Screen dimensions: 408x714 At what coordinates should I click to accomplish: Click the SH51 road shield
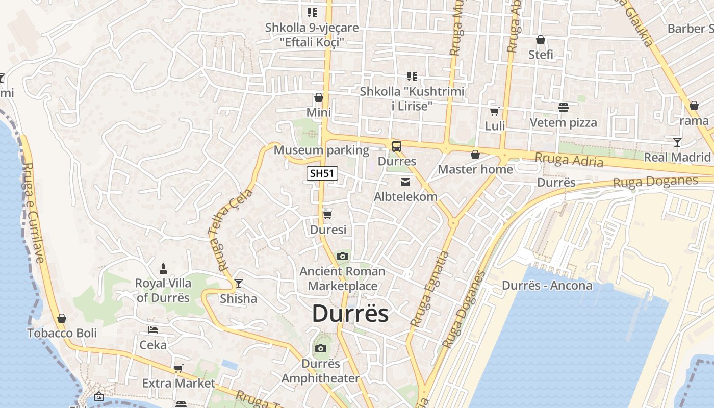coord(322,173)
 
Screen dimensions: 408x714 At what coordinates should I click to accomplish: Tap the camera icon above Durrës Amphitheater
coord(320,349)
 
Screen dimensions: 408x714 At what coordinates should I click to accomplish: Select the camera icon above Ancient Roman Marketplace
coord(342,256)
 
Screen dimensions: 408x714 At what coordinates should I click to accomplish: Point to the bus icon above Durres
coord(397,146)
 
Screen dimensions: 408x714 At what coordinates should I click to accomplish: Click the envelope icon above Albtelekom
coord(405,182)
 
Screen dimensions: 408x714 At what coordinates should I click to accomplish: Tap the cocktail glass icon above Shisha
coord(238,284)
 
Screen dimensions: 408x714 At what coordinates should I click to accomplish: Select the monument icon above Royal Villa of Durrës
coord(163,268)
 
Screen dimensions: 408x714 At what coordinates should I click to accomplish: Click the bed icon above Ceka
coord(152,330)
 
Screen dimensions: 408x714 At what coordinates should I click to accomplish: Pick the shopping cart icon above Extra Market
coord(178,368)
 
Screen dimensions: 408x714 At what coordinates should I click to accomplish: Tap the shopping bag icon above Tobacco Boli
coord(62,318)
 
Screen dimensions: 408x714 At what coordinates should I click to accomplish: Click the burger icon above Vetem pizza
coord(563,108)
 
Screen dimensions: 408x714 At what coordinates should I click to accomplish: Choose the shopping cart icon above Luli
coord(494,111)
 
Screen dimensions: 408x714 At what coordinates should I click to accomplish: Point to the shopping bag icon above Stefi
coord(541,40)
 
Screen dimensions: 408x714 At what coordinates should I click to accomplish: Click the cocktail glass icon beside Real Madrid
coord(677,142)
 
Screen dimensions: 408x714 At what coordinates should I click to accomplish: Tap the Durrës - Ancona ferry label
coord(547,285)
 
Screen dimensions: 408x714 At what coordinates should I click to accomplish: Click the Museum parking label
coord(321,150)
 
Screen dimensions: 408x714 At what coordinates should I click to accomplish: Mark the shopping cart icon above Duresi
coord(328,215)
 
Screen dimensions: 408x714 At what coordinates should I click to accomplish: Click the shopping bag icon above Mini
coord(319,97)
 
